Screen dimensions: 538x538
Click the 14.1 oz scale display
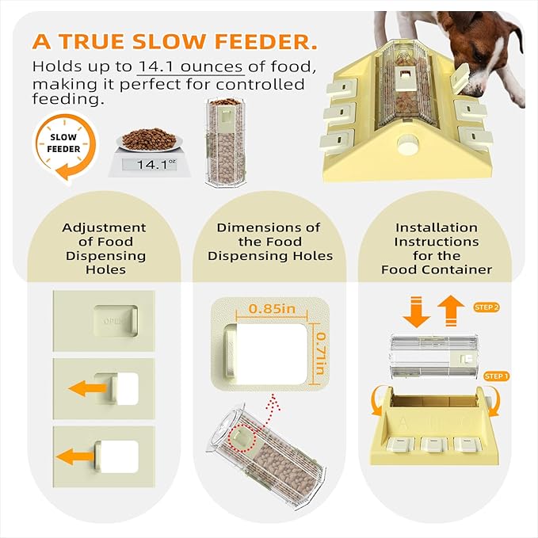[149, 165]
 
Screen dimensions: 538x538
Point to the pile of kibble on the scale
[149, 139]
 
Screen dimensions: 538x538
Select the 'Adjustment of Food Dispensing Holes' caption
[104, 249]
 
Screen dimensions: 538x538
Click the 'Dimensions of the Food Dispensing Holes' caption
[269, 242]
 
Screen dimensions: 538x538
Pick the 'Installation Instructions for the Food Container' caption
[437, 249]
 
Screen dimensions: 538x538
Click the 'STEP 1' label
[497, 376]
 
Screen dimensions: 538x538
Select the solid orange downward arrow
[416, 311]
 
